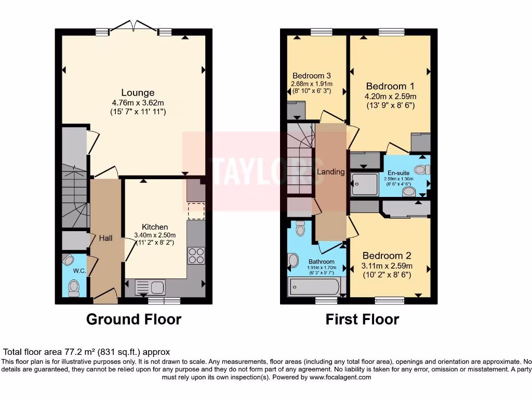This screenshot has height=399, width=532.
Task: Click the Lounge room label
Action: click(138, 92)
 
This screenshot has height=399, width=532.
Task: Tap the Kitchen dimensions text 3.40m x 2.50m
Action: click(155, 235)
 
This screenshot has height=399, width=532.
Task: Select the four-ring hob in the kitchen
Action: click(196, 256)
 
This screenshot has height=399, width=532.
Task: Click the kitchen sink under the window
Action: click(150, 287)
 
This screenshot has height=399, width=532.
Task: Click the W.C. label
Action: click(79, 270)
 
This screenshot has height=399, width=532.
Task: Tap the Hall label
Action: click(105, 237)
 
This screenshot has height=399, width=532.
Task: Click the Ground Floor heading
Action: click(134, 319)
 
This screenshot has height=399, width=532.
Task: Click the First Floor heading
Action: click(362, 319)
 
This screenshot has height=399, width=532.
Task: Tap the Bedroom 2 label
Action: click(387, 256)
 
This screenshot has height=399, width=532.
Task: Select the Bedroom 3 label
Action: click(312, 75)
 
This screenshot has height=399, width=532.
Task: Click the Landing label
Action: click(331, 171)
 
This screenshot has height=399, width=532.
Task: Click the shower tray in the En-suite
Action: click(365, 184)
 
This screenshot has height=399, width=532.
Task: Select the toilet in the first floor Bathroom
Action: click(300, 228)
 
